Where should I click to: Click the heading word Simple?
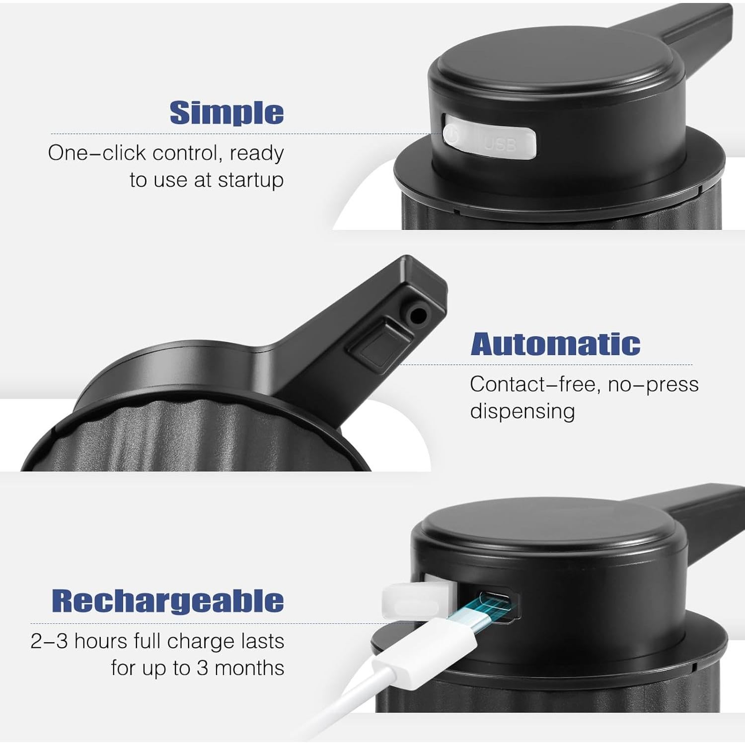point(226,113)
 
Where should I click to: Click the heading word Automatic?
point(555,344)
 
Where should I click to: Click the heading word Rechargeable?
point(168,601)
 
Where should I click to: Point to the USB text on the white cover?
point(500,145)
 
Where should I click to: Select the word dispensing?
point(522,412)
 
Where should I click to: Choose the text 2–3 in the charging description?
point(49,641)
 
